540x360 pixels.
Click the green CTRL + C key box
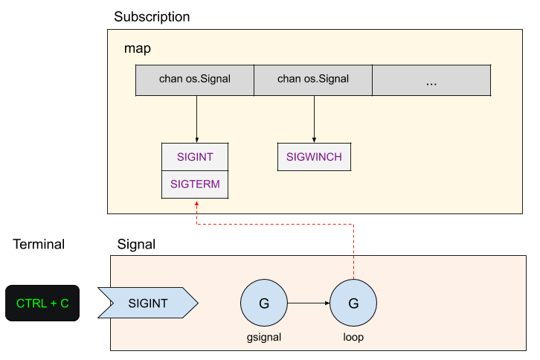pos(42,303)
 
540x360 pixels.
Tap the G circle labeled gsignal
pos(264,303)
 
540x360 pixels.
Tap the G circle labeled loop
pos(353,303)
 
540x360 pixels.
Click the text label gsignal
pos(264,337)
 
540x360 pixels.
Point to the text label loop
pos(353,337)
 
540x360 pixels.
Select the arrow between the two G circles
pos(309,303)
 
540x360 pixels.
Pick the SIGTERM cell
pos(195,184)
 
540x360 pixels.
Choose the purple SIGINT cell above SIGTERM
pos(195,157)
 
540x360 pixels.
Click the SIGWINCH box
pos(314,157)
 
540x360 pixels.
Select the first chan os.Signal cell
pos(195,79)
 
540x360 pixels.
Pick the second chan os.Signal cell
pos(313,79)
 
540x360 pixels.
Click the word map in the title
pos(138,49)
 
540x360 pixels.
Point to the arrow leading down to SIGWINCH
pos(314,119)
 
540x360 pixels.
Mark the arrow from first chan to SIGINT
pos(196,119)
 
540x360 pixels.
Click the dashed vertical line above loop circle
pos(353,253)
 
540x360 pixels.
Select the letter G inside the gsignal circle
pos(264,303)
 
